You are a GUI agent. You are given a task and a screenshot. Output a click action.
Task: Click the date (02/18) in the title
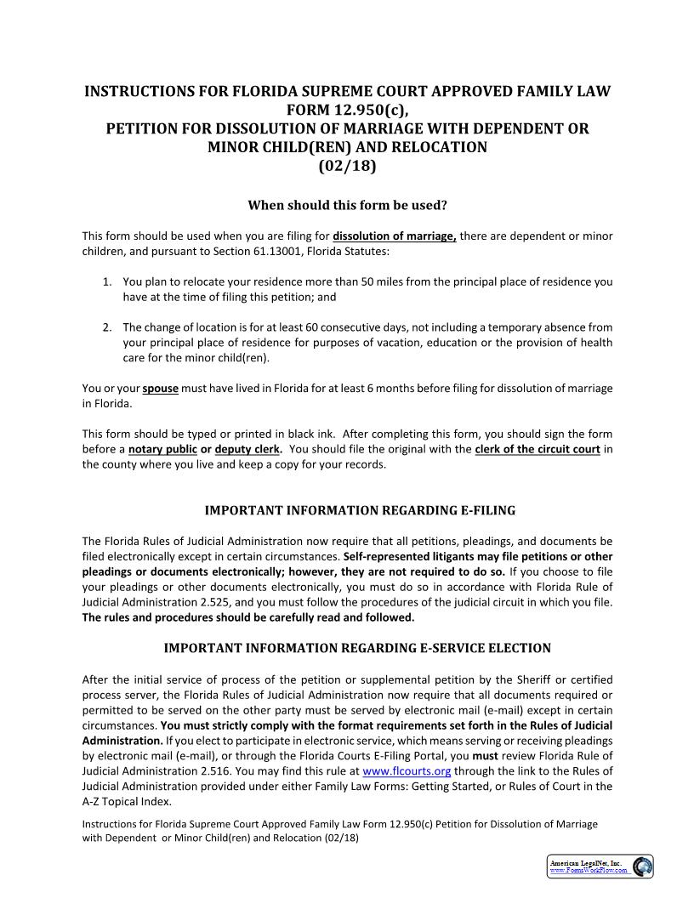[x=347, y=166]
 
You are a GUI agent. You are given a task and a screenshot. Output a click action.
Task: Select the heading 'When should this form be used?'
[x=347, y=205]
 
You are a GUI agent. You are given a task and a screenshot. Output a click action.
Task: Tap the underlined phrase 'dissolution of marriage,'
[x=395, y=236]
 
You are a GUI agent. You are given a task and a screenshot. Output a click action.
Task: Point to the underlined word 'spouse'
[x=160, y=389]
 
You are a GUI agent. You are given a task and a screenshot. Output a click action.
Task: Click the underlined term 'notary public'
[x=162, y=449]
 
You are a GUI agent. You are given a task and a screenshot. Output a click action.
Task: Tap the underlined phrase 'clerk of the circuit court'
[x=538, y=449]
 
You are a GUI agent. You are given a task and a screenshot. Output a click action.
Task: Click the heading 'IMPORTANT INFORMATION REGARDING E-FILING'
[x=347, y=510]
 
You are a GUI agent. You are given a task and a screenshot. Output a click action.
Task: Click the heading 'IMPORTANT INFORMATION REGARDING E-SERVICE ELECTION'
[x=347, y=648]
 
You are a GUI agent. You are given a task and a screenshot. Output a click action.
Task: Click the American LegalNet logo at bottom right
[x=600, y=867]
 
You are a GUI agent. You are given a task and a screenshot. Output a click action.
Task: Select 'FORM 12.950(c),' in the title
[x=347, y=110]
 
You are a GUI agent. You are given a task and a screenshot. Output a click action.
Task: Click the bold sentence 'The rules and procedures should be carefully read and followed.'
[x=248, y=617]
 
